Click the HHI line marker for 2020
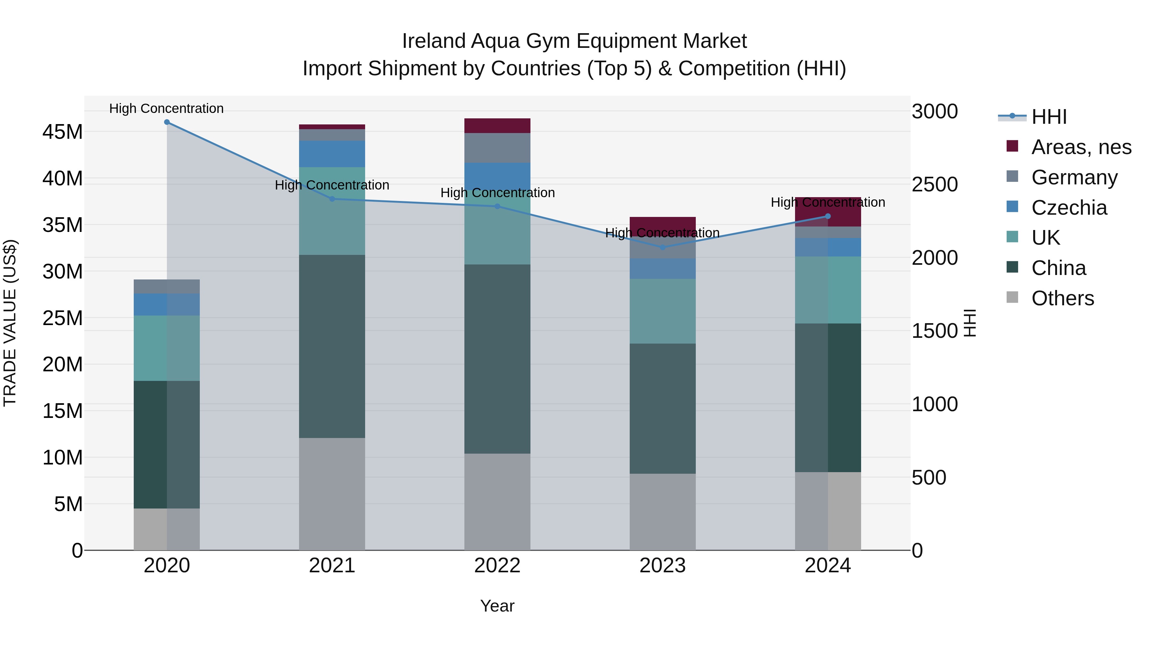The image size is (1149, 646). pyautogui.click(x=167, y=122)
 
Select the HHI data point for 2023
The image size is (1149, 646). pyautogui.click(x=662, y=247)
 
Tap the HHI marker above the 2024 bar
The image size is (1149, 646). pyautogui.click(x=828, y=216)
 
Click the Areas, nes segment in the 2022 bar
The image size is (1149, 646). pyautogui.click(x=497, y=126)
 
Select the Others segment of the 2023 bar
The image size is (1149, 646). pyautogui.click(x=662, y=511)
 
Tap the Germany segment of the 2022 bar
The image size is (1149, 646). pyautogui.click(x=497, y=148)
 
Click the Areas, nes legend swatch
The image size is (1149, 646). pyautogui.click(x=1012, y=146)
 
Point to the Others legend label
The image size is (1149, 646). pyautogui.click(x=1063, y=298)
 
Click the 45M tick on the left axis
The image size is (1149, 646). pyautogui.click(x=63, y=132)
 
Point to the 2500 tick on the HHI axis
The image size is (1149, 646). pyautogui.click(x=935, y=185)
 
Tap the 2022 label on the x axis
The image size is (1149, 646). pyautogui.click(x=497, y=566)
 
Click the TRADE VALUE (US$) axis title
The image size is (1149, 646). pyautogui.click(x=10, y=323)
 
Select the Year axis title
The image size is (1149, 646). pyautogui.click(x=497, y=606)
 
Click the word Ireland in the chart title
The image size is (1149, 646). pyautogui.click(x=434, y=41)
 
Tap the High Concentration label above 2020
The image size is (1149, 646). pyautogui.click(x=166, y=108)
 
